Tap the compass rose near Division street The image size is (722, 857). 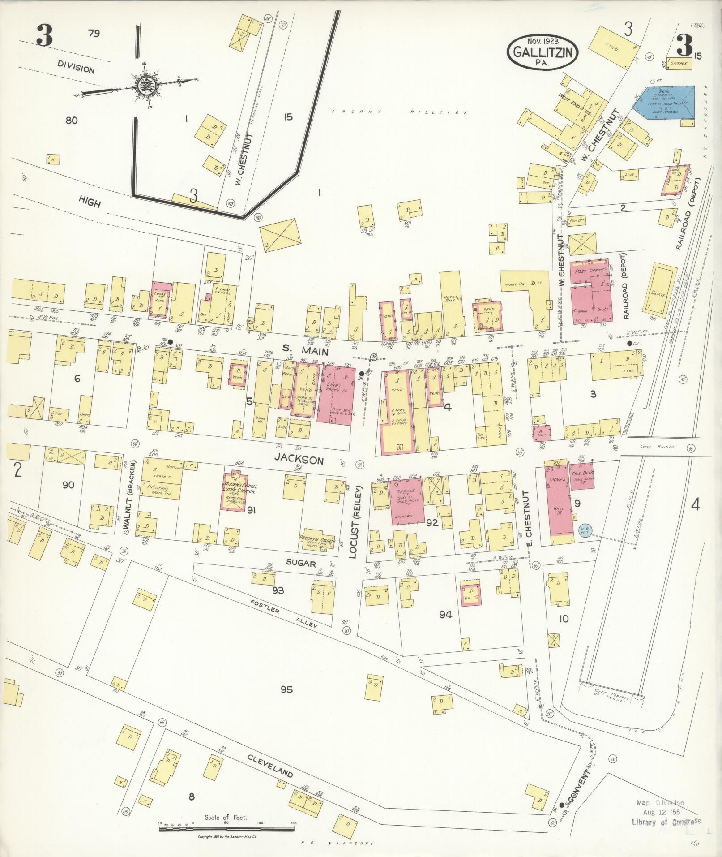coord(145,85)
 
